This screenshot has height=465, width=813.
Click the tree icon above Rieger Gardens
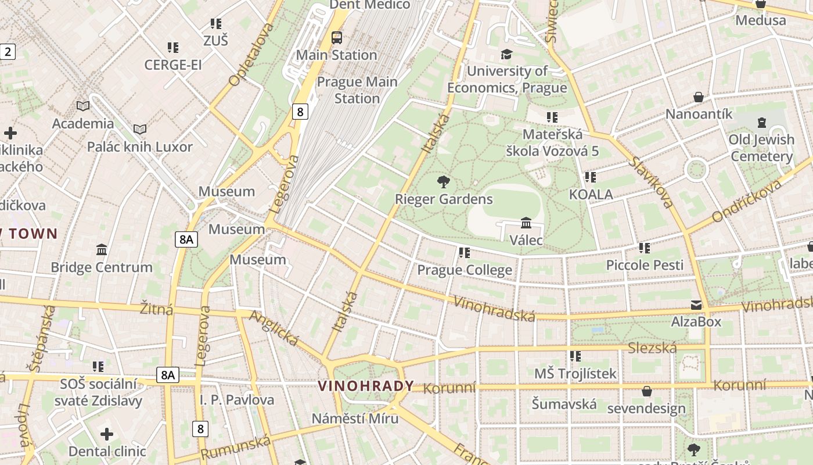pos(444,182)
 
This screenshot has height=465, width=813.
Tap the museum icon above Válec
pos(526,223)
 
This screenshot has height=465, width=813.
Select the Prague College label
pos(465,270)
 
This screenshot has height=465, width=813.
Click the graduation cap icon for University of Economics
pos(506,54)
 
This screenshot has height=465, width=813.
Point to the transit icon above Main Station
pos(336,38)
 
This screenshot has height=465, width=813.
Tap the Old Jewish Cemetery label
pos(762,148)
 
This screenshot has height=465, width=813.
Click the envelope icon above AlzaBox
pos(696,305)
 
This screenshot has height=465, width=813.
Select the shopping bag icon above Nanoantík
pos(699,97)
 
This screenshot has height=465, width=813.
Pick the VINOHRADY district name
pos(366,386)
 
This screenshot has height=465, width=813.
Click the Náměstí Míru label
pos(355,419)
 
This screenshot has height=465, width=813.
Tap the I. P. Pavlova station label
pos(237,400)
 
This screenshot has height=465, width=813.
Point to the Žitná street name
pos(157,308)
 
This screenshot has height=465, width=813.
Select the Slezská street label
pos(653,348)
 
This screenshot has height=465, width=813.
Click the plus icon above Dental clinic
pos(107,434)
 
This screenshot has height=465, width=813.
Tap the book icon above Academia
pos(83,106)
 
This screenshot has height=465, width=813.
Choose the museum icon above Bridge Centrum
pos(102,250)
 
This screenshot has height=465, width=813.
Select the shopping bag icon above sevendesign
pos(646,391)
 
